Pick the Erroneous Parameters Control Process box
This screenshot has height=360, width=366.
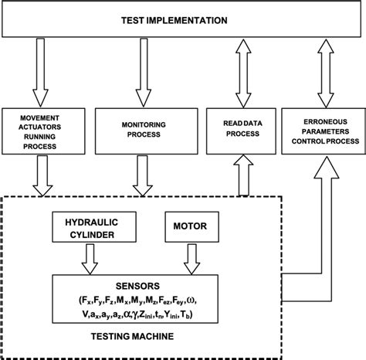(321, 127)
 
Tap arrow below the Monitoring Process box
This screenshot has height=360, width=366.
(142, 173)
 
